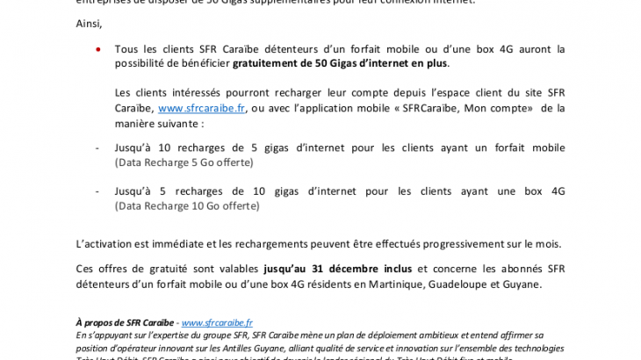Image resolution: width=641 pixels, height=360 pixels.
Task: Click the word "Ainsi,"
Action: pos(90,23)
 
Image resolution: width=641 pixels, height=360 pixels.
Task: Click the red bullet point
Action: pos(97,49)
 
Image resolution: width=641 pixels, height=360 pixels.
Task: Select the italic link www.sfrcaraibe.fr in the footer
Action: pos(217,323)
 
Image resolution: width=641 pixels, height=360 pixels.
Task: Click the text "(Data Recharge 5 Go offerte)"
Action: pos(184,162)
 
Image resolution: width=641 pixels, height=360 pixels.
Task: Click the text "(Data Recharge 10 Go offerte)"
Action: pos(187,205)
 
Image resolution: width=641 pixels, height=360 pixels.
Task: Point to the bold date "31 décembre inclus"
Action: pos(363,269)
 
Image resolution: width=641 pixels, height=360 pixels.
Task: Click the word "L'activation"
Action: pos(105,243)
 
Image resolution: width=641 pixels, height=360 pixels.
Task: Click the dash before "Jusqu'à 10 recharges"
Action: pos(97,148)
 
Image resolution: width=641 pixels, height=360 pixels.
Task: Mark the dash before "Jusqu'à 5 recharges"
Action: pos(97,191)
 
